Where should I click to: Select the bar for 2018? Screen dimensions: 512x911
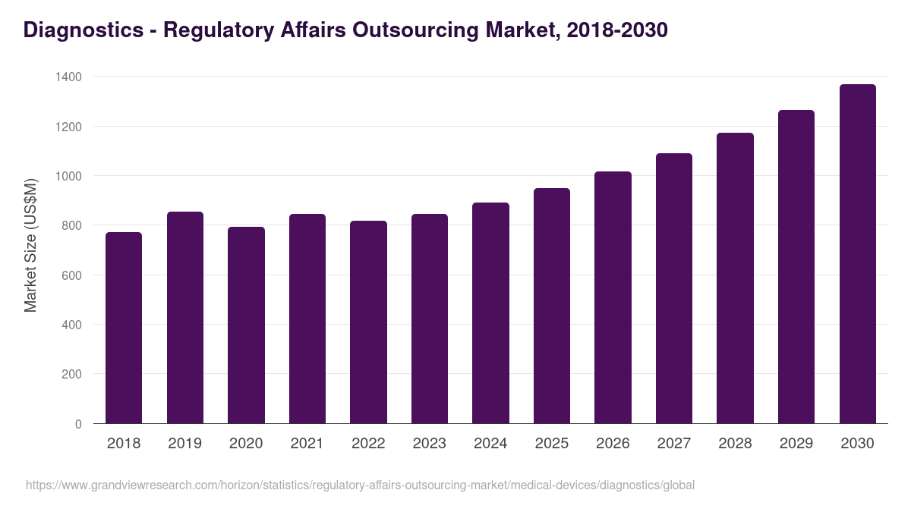pyautogui.click(x=124, y=328)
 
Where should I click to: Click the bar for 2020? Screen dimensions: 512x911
pyautogui.click(x=246, y=325)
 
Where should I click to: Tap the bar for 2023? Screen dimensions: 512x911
pyautogui.click(x=430, y=319)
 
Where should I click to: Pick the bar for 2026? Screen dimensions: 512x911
pyautogui.click(x=613, y=297)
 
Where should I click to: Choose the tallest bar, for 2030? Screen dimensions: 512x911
pyautogui.click(x=857, y=254)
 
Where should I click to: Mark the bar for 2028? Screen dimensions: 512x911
pyautogui.click(x=735, y=278)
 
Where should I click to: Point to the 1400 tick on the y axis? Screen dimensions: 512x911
pyautogui.click(x=68, y=77)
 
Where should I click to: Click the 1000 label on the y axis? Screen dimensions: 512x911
pyautogui.click(x=68, y=176)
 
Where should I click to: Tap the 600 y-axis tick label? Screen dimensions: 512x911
pyautogui.click(x=71, y=275)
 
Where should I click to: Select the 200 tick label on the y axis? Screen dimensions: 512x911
pyautogui.click(x=71, y=374)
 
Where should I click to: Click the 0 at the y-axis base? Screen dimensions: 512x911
pyautogui.click(x=78, y=424)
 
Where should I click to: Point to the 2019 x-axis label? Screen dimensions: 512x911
pyautogui.click(x=184, y=444)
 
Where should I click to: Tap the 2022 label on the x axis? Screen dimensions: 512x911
pyautogui.click(x=368, y=444)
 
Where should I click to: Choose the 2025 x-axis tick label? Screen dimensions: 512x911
pyautogui.click(x=551, y=444)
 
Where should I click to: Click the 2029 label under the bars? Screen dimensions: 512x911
pyautogui.click(x=796, y=444)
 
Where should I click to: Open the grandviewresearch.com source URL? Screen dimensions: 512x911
pyautogui.click(x=360, y=485)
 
